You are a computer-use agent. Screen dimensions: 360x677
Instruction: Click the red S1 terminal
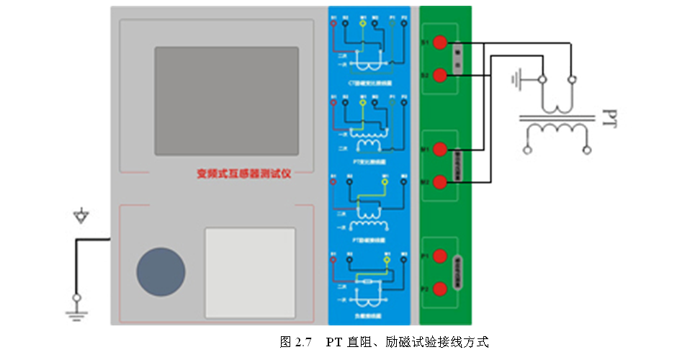click(x=441, y=45)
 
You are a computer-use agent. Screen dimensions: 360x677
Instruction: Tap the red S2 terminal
click(x=441, y=75)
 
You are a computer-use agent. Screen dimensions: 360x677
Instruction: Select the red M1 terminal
click(x=441, y=150)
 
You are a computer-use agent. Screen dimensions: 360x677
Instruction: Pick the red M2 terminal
click(x=441, y=181)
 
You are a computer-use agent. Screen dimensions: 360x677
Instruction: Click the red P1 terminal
click(x=441, y=256)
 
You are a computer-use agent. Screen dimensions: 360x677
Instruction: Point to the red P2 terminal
click(x=441, y=288)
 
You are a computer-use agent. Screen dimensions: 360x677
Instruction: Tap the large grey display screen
click(x=226, y=100)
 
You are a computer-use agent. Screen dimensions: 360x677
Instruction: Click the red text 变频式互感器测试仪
click(x=244, y=174)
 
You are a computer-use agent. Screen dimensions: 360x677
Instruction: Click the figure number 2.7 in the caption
click(x=302, y=342)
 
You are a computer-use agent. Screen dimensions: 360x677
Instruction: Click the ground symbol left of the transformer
click(x=516, y=78)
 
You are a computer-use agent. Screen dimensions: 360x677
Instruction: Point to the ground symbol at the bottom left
click(x=76, y=310)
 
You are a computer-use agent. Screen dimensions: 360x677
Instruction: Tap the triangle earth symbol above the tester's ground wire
click(x=82, y=215)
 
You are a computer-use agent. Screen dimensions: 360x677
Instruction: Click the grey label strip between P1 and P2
click(x=457, y=271)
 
